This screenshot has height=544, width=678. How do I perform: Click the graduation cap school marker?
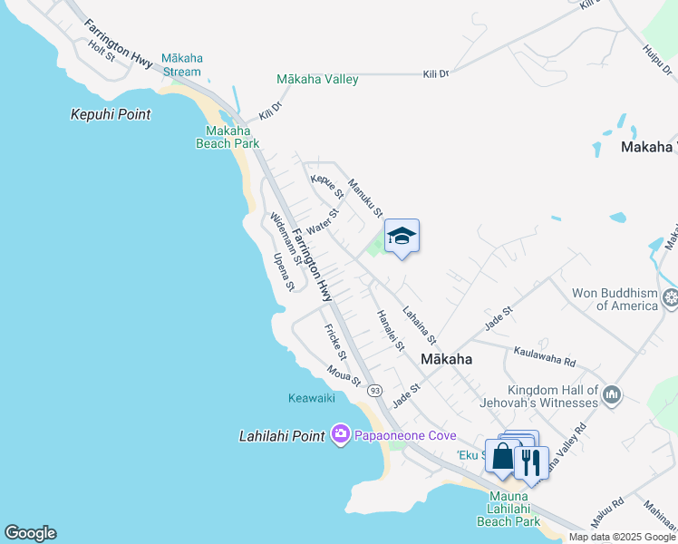[402, 237]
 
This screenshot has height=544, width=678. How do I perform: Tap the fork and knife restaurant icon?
[531, 462]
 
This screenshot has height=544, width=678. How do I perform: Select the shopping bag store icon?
[502, 455]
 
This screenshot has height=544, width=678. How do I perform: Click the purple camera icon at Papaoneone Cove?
[340, 435]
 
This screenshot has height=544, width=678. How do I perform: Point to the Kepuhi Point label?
[111, 115]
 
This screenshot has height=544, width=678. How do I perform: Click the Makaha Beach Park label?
[227, 137]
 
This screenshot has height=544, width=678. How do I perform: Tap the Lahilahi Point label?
[282, 436]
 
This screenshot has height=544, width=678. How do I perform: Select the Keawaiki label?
[312, 398]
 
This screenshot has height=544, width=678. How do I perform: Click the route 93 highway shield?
[373, 390]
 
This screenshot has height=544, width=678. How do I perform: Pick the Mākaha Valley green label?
[317, 80]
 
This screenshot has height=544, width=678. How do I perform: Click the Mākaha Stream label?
[182, 64]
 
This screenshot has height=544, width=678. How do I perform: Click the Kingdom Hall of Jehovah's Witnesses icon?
[612, 394]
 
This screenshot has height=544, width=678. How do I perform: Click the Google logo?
[30, 533]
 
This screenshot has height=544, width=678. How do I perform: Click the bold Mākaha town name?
[447, 359]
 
